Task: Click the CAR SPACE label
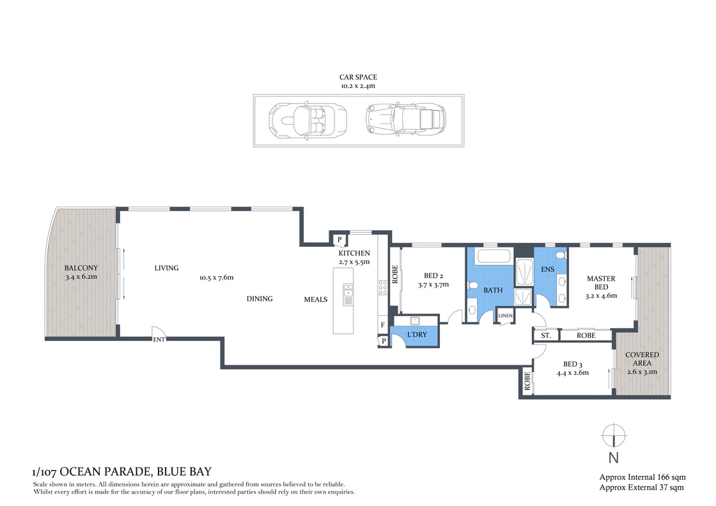(358, 77)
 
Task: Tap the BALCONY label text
(81, 268)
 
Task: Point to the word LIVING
(166, 268)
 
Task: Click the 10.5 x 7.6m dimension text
(217, 278)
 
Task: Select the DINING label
(260, 299)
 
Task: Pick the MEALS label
(316, 299)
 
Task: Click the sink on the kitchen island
(348, 295)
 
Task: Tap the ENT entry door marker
(159, 340)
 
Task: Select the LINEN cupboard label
(505, 315)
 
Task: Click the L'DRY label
(417, 335)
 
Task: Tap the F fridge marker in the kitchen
(383, 326)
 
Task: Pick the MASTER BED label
(601, 283)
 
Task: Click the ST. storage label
(546, 335)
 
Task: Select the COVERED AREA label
(642, 359)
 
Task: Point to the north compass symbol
(613, 436)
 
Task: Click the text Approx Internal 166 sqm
(641, 477)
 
